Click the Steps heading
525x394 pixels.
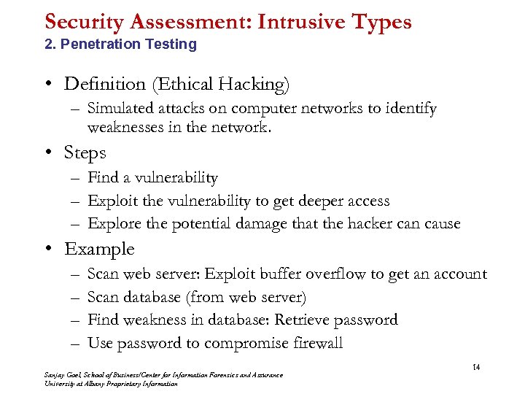[x=85, y=153]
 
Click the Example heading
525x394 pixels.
[x=99, y=250]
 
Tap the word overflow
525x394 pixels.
[x=335, y=274]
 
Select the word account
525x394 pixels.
[x=456, y=274]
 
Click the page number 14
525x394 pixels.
[x=476, y=366]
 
